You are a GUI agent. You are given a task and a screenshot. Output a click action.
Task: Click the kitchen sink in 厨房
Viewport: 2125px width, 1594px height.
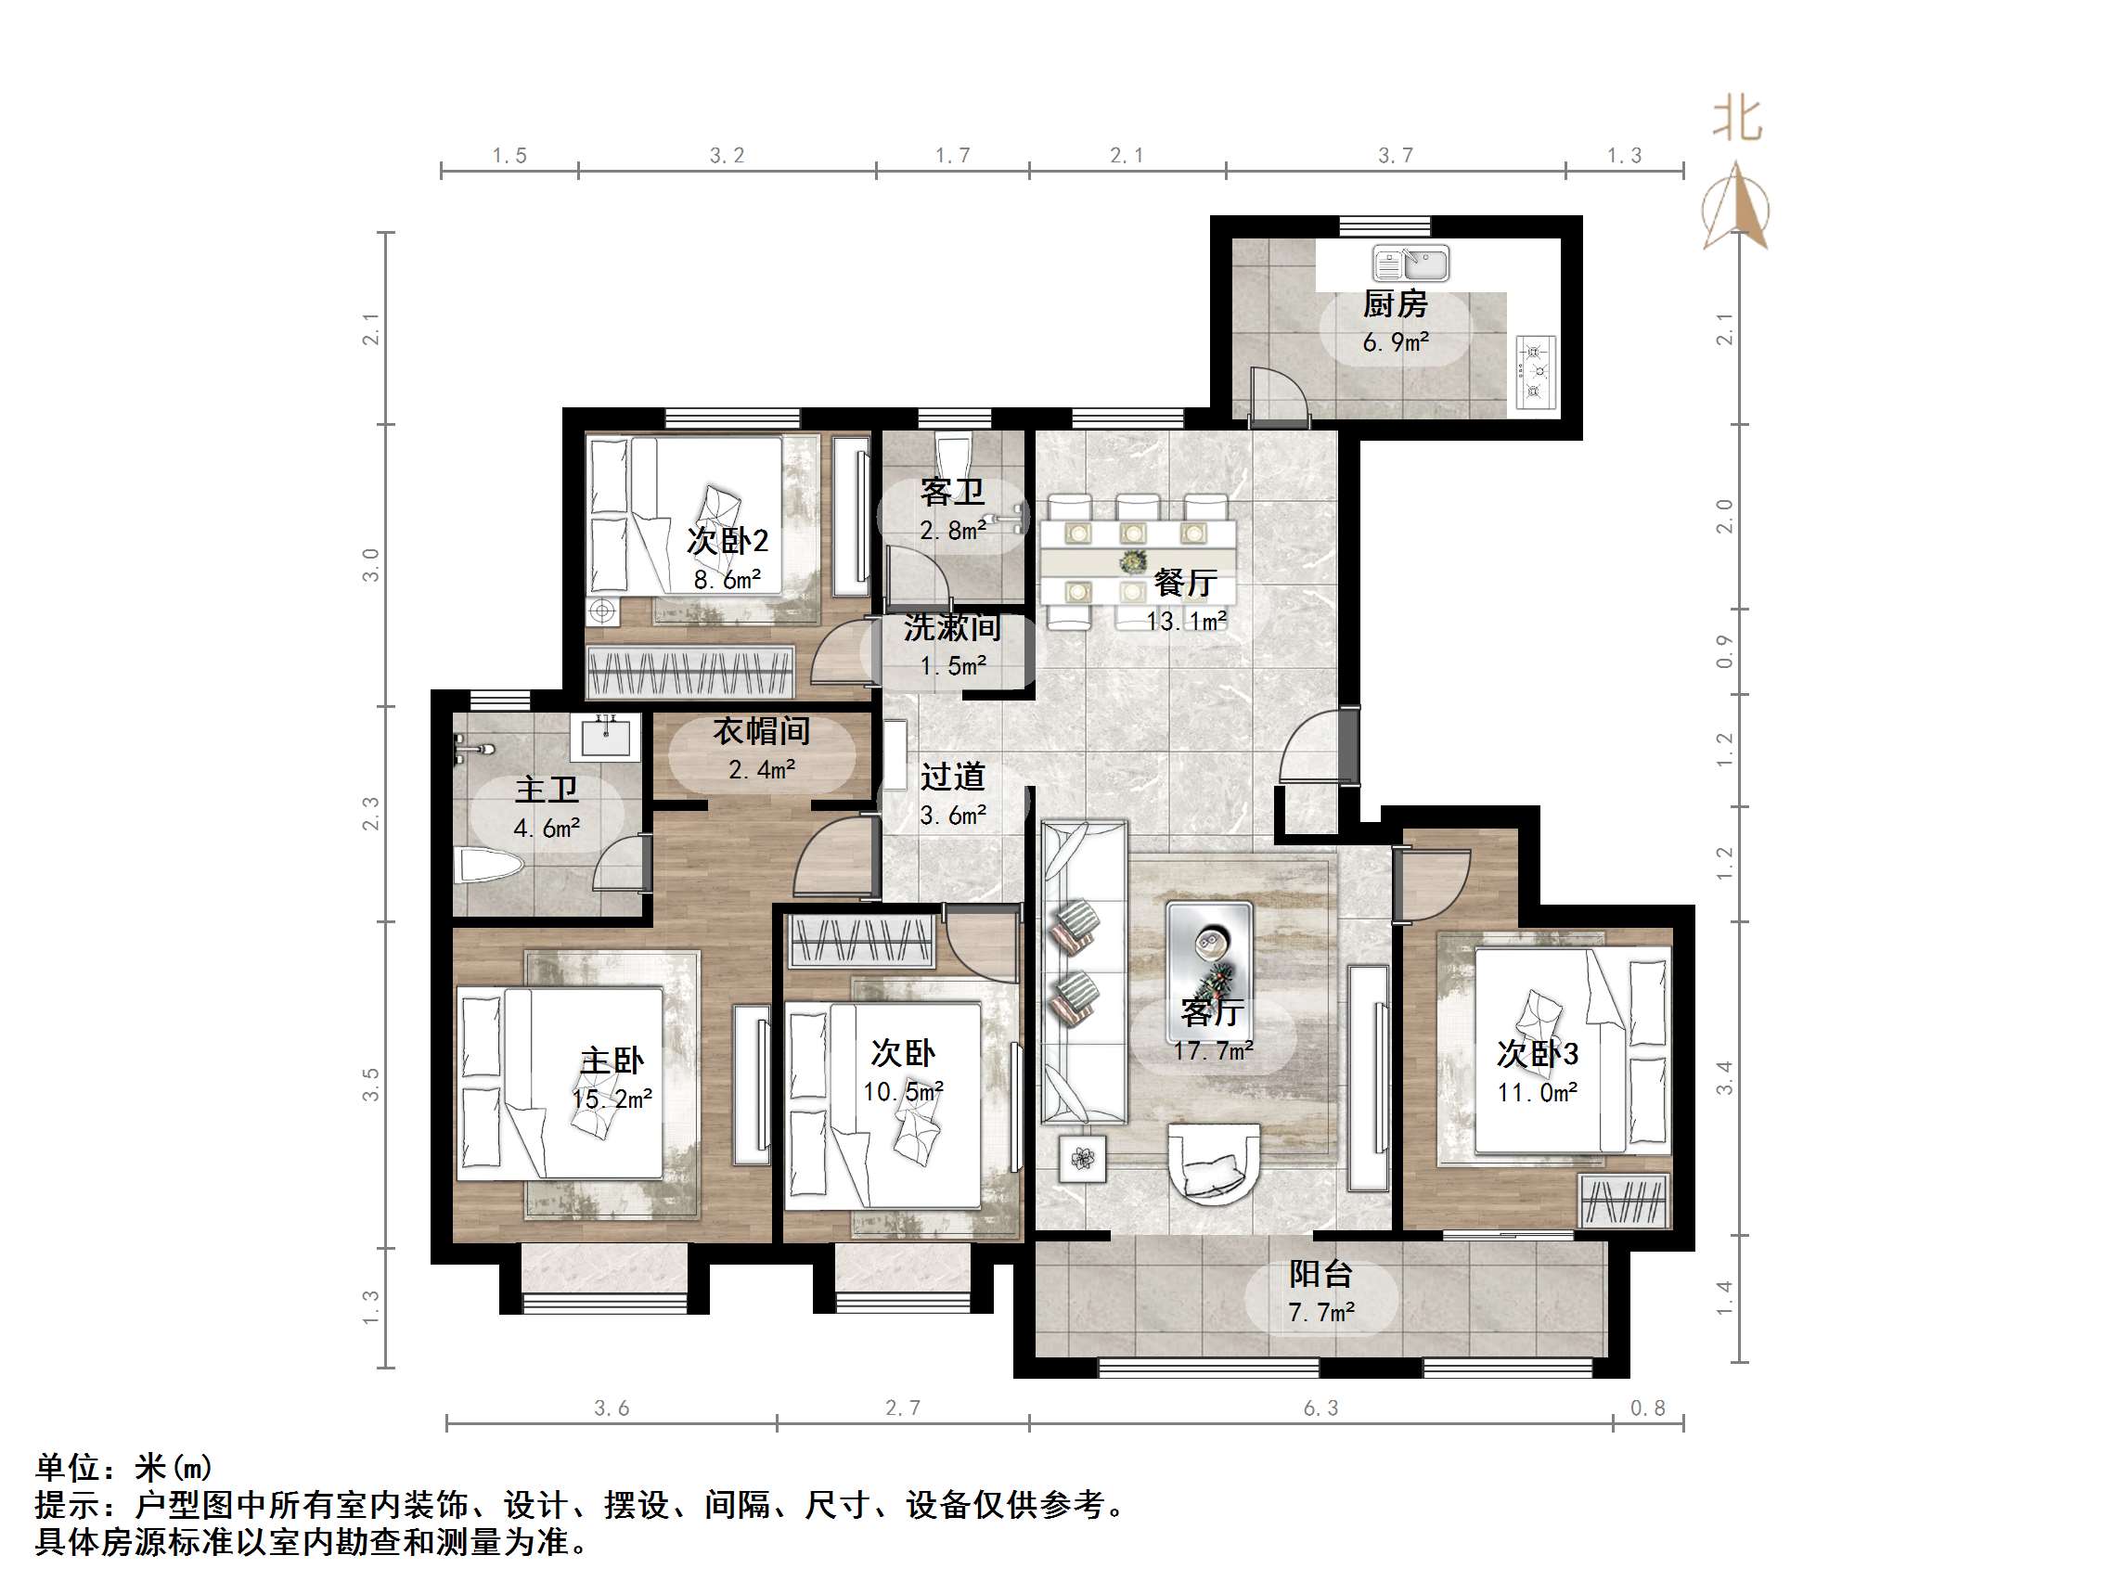pos(1410,263)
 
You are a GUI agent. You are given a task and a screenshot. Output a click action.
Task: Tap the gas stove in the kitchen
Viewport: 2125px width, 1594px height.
pos(1536,372)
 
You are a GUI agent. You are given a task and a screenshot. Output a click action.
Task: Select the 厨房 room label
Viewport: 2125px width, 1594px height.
pos(1395,304)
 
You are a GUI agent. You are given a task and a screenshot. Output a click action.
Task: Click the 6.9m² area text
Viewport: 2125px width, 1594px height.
pos(1395,342)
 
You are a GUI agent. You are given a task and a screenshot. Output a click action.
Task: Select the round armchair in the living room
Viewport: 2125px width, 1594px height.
pos(1215,1163)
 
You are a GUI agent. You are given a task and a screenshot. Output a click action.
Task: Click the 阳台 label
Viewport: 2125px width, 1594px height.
pos(1320,1275)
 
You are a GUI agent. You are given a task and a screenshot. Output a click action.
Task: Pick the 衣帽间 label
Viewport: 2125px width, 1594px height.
pos(761,731)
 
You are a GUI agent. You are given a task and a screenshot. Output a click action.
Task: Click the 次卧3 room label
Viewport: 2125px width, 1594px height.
pos(1537,1054)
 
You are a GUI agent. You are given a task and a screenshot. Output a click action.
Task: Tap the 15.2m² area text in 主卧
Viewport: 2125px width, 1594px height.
pos(612,1099)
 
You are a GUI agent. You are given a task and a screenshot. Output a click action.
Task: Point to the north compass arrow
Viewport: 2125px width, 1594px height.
pos(1737,206)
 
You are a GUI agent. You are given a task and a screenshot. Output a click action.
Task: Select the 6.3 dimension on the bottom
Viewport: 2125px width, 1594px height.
pos(1320,1408)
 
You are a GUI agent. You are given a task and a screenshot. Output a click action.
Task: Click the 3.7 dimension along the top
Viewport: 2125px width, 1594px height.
pos(1395,156)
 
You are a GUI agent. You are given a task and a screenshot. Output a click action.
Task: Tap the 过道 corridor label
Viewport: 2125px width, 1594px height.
pos(952,777)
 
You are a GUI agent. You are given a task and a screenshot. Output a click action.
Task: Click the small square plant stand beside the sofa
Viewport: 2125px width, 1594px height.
pos(1083,1159)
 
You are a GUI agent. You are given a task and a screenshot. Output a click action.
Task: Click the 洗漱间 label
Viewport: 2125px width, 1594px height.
pos(952,628)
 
